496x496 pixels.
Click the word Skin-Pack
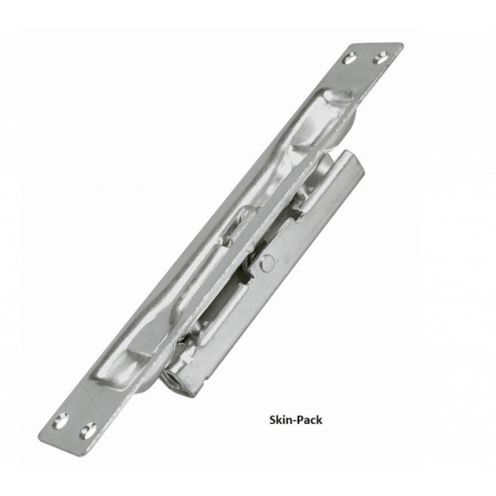(x=296, y=419)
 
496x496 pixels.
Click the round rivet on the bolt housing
(x=268, y=263)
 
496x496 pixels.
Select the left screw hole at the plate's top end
(x=350, y=59)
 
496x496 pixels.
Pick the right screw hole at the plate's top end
(x=381, y=58)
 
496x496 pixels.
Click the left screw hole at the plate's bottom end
(x=60, y=421)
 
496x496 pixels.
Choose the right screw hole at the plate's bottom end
(x=88, y=430)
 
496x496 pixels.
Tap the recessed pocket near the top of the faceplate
(x=319, y=119)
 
